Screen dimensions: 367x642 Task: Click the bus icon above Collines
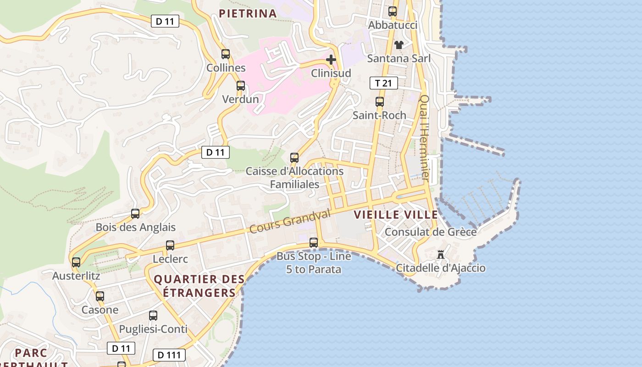[225, 54]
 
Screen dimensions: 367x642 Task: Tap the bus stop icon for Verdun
[241, 85]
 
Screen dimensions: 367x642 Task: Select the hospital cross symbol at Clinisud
[331, 59]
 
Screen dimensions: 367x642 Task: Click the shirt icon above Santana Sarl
[399, 44]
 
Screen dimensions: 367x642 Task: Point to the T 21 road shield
[383, 83]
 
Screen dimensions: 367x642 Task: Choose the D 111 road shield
[169, 355]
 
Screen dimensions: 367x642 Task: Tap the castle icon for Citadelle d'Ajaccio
[441, 254]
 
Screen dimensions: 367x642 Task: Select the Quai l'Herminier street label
[425, 138]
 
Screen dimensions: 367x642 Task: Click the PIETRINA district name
[248, 13]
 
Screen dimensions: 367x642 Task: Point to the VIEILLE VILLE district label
[396, 214]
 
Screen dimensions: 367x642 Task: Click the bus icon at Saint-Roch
[380, 101]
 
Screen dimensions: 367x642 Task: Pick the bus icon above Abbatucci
[393, 11]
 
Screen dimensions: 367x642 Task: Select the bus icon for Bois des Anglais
[135, 213]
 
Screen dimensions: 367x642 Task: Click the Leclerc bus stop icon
[170, 245]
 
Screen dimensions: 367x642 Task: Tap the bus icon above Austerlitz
[76, 262]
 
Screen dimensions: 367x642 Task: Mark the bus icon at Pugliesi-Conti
[153, 315]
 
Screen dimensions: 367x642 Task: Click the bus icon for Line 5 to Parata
[314, 242]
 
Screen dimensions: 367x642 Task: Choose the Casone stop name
[100, 310]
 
